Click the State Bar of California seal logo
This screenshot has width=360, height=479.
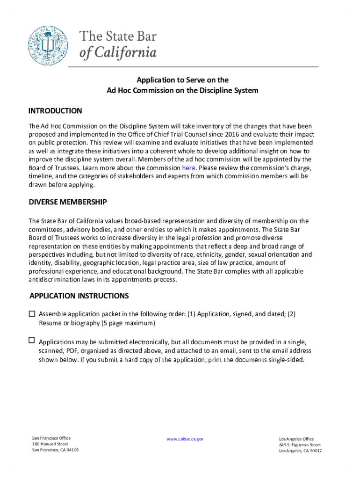(x=48, y=45)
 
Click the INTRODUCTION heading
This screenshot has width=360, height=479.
(x=55, y=111)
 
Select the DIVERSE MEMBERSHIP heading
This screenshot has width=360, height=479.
(x=68, y=202)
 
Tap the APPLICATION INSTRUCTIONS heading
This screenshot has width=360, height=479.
(x=79, y=296)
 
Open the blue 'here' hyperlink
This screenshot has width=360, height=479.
(x=188, y=168)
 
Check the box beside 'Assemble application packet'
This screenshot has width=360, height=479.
(x=32, y=314)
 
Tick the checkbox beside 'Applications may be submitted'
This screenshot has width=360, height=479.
(x=32, y=340)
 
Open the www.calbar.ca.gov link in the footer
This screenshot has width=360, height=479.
(x=185, y=439)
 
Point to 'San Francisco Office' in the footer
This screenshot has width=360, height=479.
(x=51, y=438)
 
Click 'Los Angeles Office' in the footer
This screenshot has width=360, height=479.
(x=296, y=439)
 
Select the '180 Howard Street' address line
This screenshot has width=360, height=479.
(x=50, y=444)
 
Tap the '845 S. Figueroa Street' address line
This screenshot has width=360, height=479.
(x=300, y=445)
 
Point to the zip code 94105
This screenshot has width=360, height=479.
(x=72, y=450)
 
